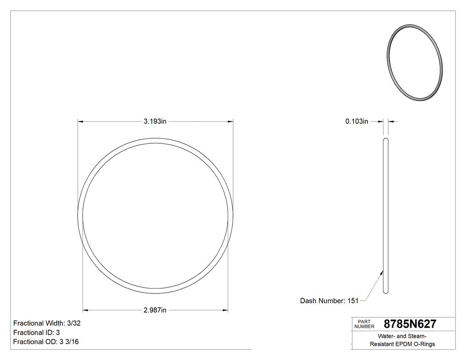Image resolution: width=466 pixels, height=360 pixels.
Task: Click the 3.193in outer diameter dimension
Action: click(x=154, y=121)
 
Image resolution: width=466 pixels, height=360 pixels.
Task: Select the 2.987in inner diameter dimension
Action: click(x=154, y=310)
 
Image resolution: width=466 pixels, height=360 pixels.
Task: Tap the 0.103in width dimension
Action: click(x=357, y=121)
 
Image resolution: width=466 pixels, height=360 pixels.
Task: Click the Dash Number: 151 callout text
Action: click(x=329, y=301)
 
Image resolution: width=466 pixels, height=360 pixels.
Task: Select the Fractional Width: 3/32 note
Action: click(x=47, y=324)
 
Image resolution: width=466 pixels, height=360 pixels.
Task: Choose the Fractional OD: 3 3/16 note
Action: click(x=46, y=342)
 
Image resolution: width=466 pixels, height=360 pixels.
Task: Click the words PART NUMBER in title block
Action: click(x=362, y=324)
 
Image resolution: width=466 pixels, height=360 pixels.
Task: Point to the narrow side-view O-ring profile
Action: click(x=386, y=215)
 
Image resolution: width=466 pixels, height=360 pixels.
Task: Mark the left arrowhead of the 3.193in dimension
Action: click(x=80, y=121)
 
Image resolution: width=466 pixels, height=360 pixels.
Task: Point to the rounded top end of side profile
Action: click(x=386, y=140)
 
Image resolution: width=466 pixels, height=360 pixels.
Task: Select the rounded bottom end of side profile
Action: click(x=386, y=291)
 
